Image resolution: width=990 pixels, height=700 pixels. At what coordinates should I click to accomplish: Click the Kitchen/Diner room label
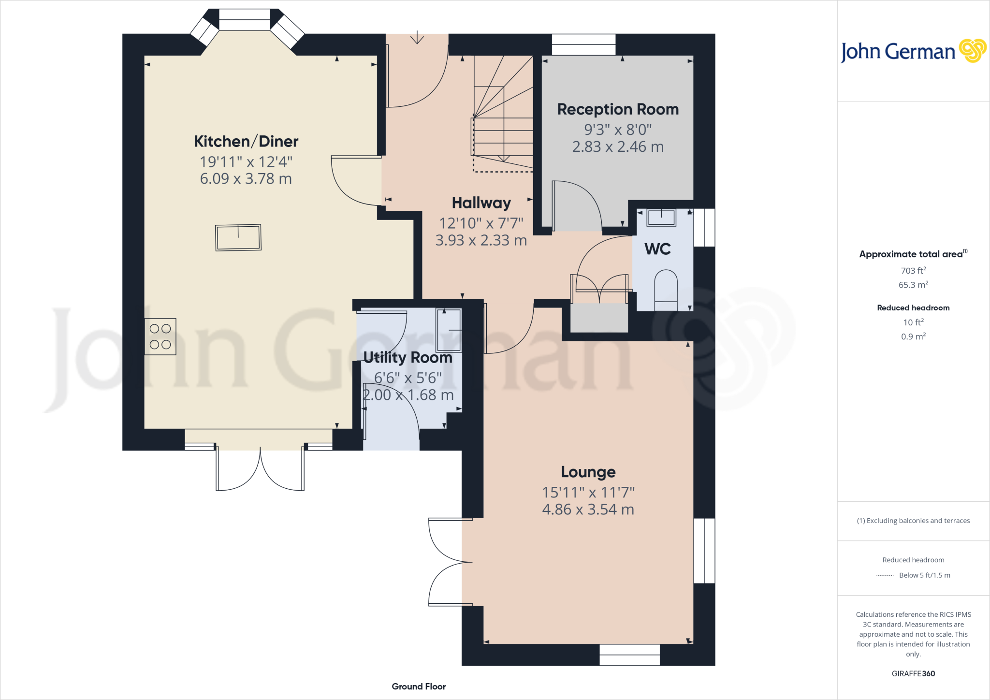click(246, 142)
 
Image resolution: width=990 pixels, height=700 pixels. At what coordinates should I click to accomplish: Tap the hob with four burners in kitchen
click(160, 336)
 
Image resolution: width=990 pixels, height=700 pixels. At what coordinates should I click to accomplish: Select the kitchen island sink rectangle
click(238, 237)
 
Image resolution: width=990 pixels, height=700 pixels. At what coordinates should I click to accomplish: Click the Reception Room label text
click(618, 109)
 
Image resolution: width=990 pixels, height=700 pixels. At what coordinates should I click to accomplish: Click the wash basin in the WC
click(661, 218)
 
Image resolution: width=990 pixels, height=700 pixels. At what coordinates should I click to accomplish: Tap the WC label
click(657, 249)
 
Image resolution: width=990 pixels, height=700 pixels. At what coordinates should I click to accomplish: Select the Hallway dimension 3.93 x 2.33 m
click(481, 240)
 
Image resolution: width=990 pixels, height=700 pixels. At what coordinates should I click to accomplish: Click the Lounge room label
click(588, 472)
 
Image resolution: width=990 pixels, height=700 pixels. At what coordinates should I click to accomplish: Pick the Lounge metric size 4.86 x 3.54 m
click(588, 510)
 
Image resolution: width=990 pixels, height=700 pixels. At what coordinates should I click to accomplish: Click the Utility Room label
click(408, 358)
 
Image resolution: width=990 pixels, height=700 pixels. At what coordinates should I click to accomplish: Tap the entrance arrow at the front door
click(417, 38)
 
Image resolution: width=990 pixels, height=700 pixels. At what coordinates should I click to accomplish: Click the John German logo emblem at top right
click(973, 51)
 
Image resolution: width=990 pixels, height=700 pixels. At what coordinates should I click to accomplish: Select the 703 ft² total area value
click(913, 271)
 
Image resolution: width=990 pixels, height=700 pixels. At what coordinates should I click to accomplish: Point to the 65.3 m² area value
click(913, 285)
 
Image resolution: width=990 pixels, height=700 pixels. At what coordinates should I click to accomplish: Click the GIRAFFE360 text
click(913, 673)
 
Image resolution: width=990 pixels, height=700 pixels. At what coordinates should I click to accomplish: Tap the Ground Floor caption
click(419, 686)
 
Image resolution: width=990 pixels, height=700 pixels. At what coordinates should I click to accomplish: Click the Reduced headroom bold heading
click(913, 308)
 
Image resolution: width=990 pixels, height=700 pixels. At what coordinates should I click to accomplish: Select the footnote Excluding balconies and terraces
click(913, 521)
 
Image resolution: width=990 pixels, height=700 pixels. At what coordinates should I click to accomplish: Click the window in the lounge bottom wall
click(629, 655)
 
